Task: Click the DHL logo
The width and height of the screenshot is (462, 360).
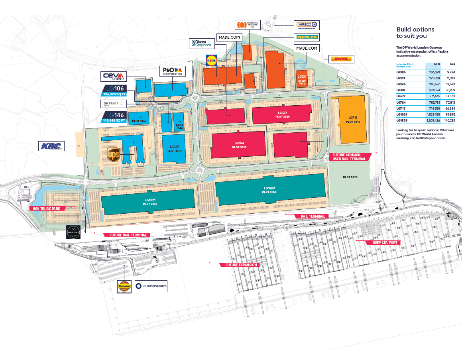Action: [342, 59]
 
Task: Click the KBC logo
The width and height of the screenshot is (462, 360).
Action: [51, 146]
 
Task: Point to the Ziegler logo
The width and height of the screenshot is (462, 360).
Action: [307, 37]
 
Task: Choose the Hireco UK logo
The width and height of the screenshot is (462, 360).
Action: [307, 25]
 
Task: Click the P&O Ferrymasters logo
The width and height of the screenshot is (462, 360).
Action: [172, 71]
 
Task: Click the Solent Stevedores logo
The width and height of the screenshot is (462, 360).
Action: [151, 286]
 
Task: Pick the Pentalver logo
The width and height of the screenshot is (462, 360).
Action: [124, 287]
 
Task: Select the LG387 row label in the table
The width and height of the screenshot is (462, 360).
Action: [401, 90]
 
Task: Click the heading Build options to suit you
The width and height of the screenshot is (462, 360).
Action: [415, 32]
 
